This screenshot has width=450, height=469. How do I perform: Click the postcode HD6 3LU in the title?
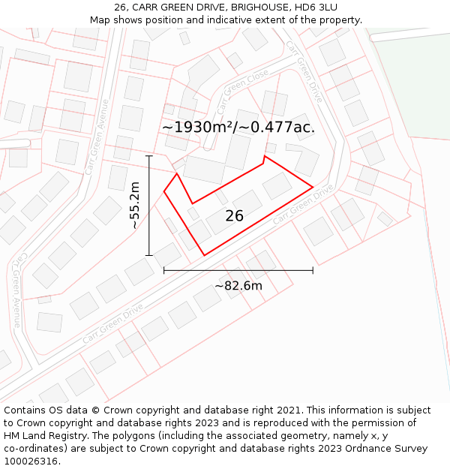314,8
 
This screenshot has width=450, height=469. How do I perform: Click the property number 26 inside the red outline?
234,216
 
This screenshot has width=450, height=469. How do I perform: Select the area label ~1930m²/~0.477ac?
238,127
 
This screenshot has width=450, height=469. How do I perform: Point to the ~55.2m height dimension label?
134,206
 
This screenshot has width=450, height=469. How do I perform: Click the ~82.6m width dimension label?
238,285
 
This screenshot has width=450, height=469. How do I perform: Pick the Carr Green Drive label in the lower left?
112,323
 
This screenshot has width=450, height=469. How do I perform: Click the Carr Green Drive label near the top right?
304,71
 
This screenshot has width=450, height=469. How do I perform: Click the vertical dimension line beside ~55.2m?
149,206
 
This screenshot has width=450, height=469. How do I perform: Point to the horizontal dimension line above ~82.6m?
238,270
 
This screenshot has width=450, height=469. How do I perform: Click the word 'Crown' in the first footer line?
112,410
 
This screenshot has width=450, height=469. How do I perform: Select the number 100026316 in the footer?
32,461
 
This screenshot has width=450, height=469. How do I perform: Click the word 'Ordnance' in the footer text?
374,449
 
